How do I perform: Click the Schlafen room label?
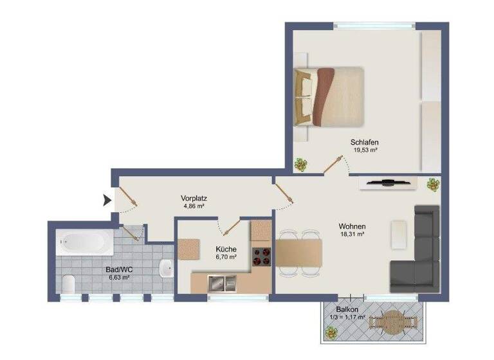pyautogui.click(x=363, y=142)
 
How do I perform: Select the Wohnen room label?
pyautogui.click(x=352, y=226)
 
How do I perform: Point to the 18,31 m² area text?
pyautogui.click(x=352, y=235)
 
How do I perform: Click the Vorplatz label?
pyautogui.click(x=193, y=199)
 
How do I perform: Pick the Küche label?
pyautogui.click(x=226, y=249)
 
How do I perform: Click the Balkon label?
pyautogui.click(x=347, y=309)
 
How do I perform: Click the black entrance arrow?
pyautogui.click(x=107, y=202)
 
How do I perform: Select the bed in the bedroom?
pyautogui.click(x=329, y=96)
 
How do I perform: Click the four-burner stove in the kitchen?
pyautogui.click(x=261, y=256)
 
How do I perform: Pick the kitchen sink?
pyautogui.click(x=222, y=282)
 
